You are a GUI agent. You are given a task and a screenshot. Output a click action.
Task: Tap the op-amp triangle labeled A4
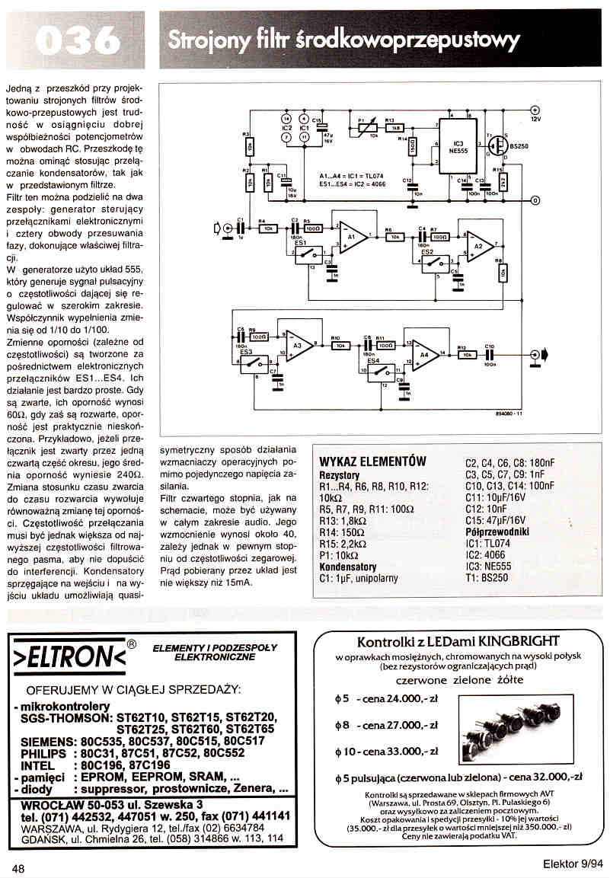[424, 355]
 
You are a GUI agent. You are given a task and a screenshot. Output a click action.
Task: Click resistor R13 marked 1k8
[396, 126]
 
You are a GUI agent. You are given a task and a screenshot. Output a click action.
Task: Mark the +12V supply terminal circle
[535, 110]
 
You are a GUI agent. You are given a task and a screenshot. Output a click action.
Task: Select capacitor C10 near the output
[490, 355]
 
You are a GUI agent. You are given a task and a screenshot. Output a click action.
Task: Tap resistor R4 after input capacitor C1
[267, 228]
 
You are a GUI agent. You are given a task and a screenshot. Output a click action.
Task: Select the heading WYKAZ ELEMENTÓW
[372, 462]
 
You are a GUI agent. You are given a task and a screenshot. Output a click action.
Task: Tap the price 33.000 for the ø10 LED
[403, 751]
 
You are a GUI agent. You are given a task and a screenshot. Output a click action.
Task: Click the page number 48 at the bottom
[19, 867]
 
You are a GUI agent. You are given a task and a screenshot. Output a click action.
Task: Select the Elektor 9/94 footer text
[573, 864]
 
